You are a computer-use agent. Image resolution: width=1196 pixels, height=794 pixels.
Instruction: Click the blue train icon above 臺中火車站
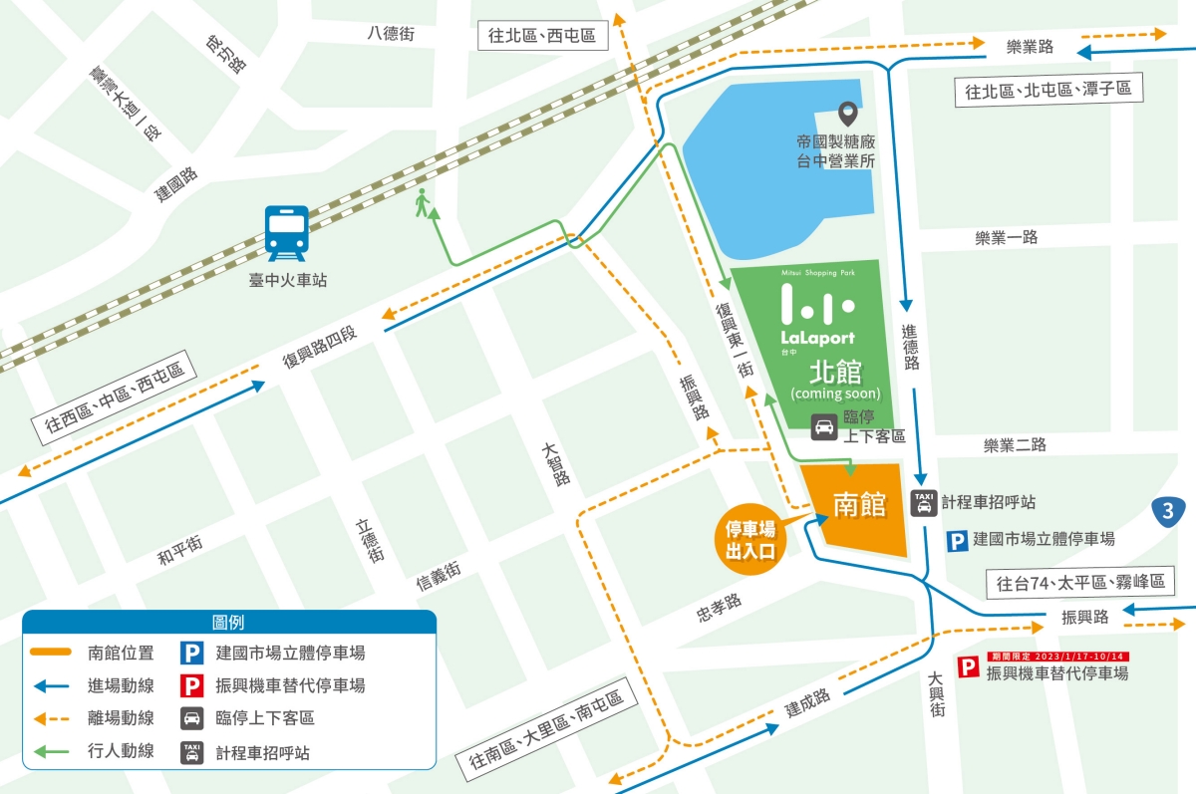287,232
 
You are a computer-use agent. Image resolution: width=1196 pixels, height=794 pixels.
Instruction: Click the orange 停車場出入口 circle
750,538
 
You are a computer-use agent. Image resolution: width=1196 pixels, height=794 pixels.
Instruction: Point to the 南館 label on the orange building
859,505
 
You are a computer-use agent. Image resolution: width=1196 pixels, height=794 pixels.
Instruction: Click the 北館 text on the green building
835,372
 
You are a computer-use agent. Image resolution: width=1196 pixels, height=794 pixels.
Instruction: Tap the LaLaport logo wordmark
817,338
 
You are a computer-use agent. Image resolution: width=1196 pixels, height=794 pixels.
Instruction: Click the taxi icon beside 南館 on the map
924,503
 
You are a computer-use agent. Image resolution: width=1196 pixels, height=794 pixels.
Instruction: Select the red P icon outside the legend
968,667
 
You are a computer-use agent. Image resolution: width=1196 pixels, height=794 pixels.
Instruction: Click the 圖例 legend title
229,622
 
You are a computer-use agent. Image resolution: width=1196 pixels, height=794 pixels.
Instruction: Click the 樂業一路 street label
1007,237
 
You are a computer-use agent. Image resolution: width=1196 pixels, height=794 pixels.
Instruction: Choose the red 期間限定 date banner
1056,657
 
